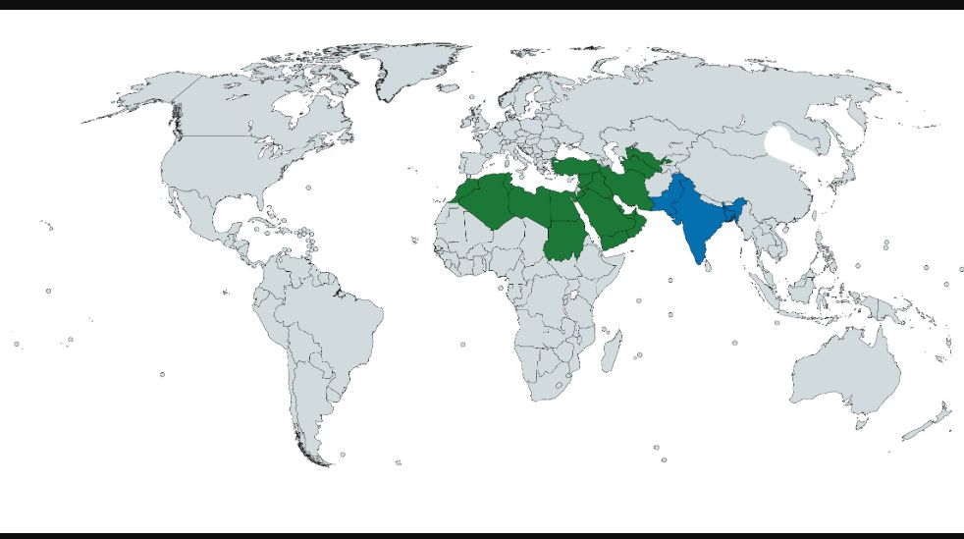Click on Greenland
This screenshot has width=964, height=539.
click(x=412, y=69)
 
